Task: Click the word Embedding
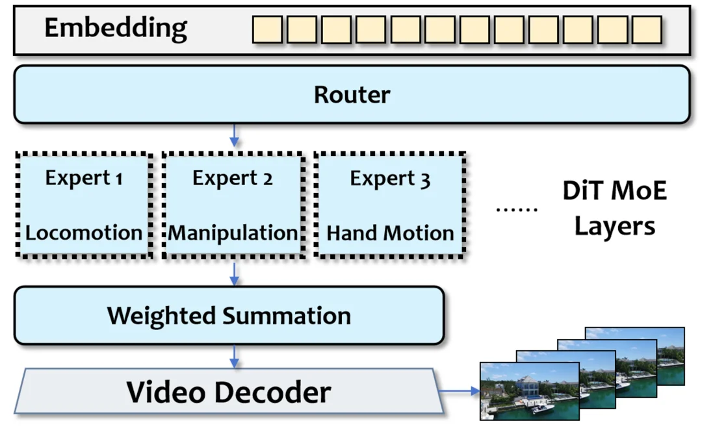pyautogui.click(x=115, y=28)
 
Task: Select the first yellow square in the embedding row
pyautogui.click(x=267, y=30)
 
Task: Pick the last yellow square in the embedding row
pyautogui.click(x=646, y=30)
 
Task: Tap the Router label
pyautogui.click(x=352, y=95)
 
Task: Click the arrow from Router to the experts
pyautogui.click(x=235, y=135)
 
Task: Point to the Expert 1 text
pyautogui.click(x=83, y=178)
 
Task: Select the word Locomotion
pyautogui.click(x=84, y=233)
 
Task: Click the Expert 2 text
pyautogui.click(x=232, y=178)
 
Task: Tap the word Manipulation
pyautogui.click(x=233, y=233)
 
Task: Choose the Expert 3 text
pyautogui.click(x=390, y=178)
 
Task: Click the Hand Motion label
pyautogui.click(x=390, y=233)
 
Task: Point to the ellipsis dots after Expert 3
pyautogui.click(x=517, y=209)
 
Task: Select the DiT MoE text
pyautogui.click(x=614, y=191)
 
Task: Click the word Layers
pyautogui.click(x=614, y=226)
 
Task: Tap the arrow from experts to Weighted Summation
pyautogui.click(x=235, y=273)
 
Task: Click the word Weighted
pyautogui.click(x=162, y=316)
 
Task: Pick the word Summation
pyautogui.click(x=287, y=316)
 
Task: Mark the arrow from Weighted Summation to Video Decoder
pyautogui.click(x=235, y=356)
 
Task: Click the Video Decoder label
pyautogui.click(x=228, y=392)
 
